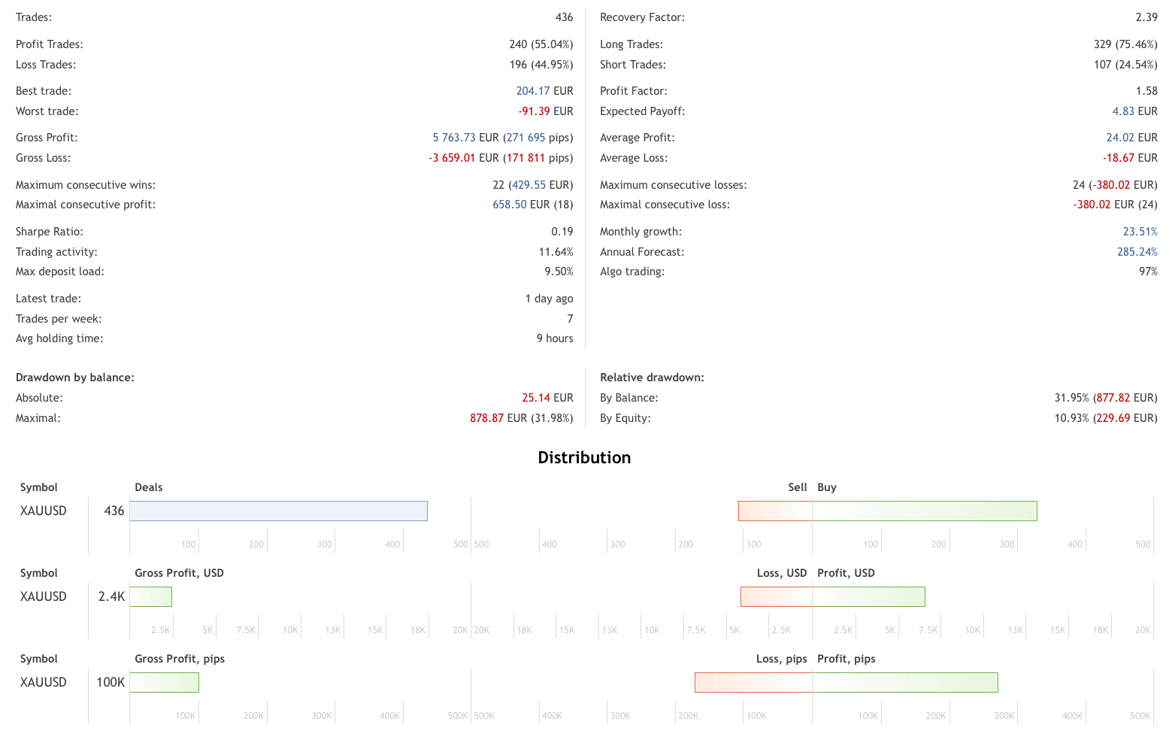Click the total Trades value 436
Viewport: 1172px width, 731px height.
pyautogui.click(x=564, y=17)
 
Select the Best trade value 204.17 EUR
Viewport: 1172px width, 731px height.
pyautogui.click(x=544, y=91)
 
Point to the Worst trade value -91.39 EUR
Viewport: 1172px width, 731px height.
pyautogui.click(x=545, y=111)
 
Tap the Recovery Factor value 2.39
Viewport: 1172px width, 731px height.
pyautogui.click(x=1146, y=17)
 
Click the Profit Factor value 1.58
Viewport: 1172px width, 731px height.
pyautogui.click(x=1146, y=91)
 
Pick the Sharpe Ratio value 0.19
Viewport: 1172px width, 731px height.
pyautogui.click(x=562, y=232)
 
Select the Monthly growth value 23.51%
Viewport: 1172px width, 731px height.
pyautogui.click(x=1140, y=232)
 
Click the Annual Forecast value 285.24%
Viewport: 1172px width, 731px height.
pyautogui.click(x=1137, y=252)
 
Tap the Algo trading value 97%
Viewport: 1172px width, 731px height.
pyautogui.click(x=1148, y=271)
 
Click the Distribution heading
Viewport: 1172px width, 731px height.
pyautogui.click(x=584, y=457)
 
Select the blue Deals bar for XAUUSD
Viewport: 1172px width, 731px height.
pyautogui.click(x=278, y=511)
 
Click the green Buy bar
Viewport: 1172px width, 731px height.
pyautogui.click(x=924, y=511)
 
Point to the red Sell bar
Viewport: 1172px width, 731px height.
pyautogui.click(x=775, y=511)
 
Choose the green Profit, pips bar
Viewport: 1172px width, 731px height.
pyautogui.click(x=904, y=683)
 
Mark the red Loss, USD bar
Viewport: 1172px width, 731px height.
pyautogui.click(x=776, y=597)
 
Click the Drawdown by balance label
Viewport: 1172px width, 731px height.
pyautogui.click(x=75, y=378)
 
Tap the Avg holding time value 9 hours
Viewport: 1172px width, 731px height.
pyautogui.click(x=555, y=338)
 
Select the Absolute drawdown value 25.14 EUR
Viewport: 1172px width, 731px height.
pyautogui.click(x=547, y=398)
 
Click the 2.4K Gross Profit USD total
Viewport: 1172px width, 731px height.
pyautogui.click(x=111, y=596)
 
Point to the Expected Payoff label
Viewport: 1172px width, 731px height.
pyautogui.click(x=642, y=111)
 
